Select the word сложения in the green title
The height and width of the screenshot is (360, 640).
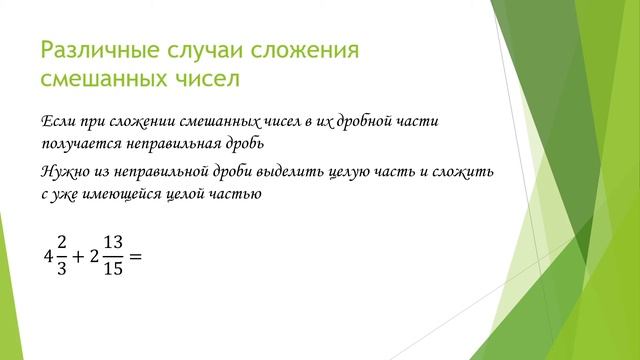[311, 49]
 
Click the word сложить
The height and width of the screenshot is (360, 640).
[465, 173]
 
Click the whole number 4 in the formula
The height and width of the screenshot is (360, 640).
[48, 256]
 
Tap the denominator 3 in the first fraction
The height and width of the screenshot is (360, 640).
[62, 268]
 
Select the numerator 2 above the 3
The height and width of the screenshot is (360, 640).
[62, 244]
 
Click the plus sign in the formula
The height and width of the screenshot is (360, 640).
[80, 256]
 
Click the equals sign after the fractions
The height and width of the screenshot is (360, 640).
[137, 256]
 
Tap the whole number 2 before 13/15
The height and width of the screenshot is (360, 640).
[95, 256]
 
